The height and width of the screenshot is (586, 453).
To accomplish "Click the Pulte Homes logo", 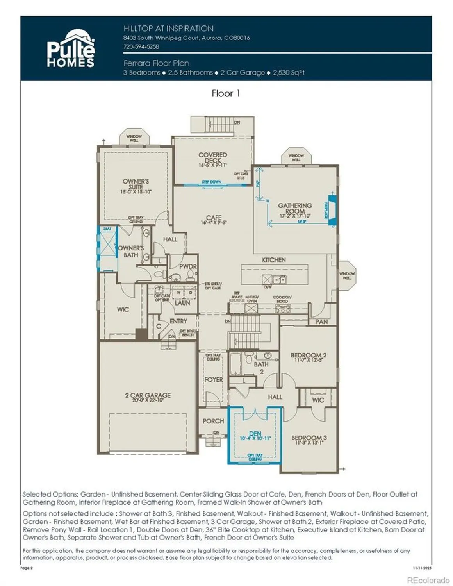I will pyautogui.click(x=71, y=48).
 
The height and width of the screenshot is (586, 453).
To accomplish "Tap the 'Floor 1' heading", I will pyautogui.click(x=226, y=93).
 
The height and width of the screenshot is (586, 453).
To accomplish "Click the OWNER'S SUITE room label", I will pyautogui.click(x=136, y=184).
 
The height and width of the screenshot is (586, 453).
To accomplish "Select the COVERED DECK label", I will pyautogui.click(x=212, y=157).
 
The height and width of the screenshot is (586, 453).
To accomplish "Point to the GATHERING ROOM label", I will pyautogui.click(x=295, y=208).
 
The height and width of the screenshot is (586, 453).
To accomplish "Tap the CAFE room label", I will pyautogui.click(x=214, y=218).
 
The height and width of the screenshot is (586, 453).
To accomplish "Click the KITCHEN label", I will pyautogui.click(x=274, y=260).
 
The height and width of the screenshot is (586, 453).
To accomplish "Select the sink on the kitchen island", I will pyautogui.click(x=279, y=279).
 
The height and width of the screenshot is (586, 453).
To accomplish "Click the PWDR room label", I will pyautogui.click(x=188, y=266).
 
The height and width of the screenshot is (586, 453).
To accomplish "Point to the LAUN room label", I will pyautogui.click(x=182, y=303).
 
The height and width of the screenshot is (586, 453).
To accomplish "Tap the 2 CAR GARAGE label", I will pyautogui.click(x=148, y=395).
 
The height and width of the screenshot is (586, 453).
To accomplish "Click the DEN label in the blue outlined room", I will pyautogui.click(x=255, y=434).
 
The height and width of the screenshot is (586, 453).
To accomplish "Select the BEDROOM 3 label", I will pyautogui.click(x=309, y=438).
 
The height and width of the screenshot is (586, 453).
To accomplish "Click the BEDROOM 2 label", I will pyautogui.click(x=309, y=356).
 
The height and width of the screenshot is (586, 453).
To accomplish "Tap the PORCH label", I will pyautogui.click(x=213, y=421).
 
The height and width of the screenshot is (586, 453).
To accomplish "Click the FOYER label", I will pyautogui.click(x=214, y=380).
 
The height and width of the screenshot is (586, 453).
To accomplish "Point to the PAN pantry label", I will pyautogui.click(x=321, y=322).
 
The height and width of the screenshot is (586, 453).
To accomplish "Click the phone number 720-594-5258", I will pyautogui.click(x=141, y=46).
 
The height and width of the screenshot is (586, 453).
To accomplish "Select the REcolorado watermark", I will pyautogui.click(x=428, y=581).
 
